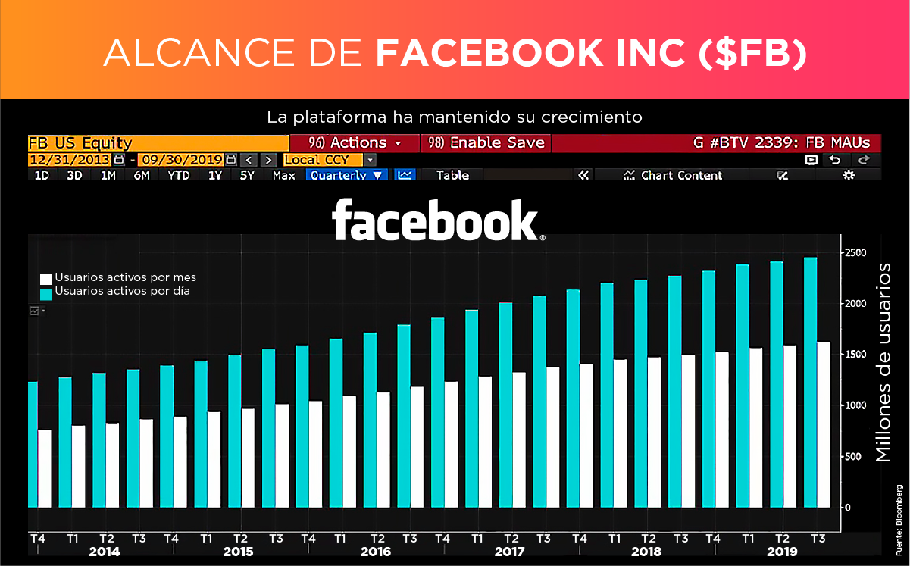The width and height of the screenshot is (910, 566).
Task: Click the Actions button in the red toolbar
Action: coord(354,142)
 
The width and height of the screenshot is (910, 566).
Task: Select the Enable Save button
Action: coord(485,142)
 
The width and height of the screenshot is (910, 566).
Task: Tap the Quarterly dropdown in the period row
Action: coord(346,175)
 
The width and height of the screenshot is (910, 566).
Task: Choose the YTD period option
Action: coord(179,175)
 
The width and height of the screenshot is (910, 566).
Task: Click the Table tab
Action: coord(452,175)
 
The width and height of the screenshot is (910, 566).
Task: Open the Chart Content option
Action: coord(673,175)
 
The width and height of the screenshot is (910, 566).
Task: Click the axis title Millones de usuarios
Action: coord(883,363)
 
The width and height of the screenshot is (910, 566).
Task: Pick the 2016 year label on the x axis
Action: coord(375,552)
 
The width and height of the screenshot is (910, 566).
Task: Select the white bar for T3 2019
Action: coord(824,424)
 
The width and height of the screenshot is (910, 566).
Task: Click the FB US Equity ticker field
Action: coord(158,142)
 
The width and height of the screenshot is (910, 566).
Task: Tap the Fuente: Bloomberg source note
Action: coord(899,521)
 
